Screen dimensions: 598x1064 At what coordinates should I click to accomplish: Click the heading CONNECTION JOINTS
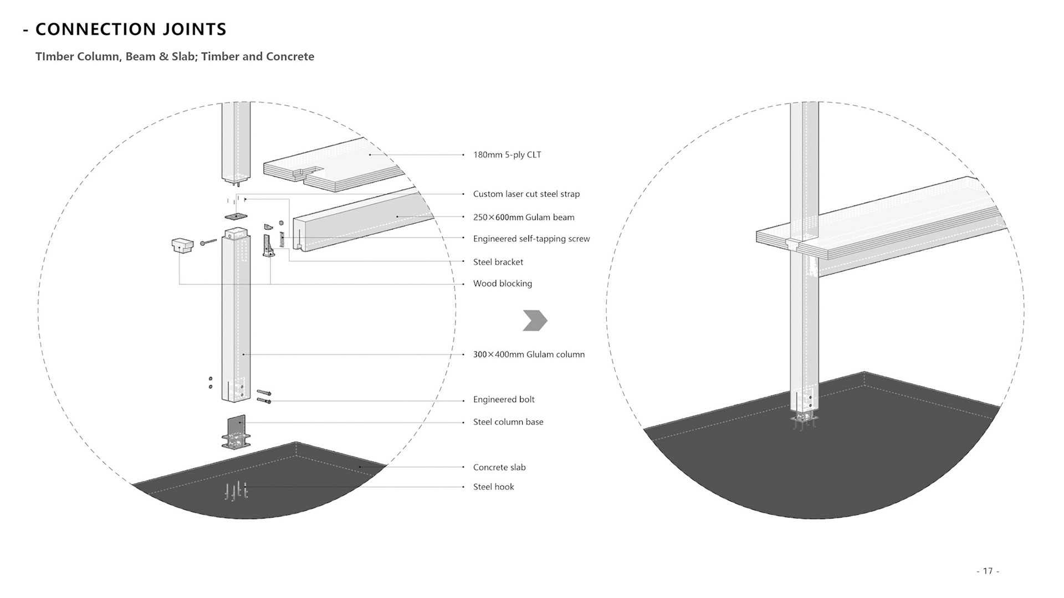tap(131, 29)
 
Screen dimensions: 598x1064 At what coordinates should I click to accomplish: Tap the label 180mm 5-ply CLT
tap(507, 155)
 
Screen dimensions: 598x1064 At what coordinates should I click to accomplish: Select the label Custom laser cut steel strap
tap(526, 194)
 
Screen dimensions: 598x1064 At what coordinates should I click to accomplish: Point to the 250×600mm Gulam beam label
tap(523, 218)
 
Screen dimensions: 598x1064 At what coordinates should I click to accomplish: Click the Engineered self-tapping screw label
tap(531, 239)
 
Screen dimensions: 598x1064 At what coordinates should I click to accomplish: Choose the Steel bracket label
tap(498, 262)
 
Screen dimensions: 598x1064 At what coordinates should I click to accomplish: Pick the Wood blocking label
tap(502, 284)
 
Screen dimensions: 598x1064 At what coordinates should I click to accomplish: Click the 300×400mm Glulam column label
tap(528, 355)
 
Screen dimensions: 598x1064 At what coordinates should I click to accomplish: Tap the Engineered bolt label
tap(503, 400)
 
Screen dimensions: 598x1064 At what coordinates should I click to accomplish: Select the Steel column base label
tap(508, 422)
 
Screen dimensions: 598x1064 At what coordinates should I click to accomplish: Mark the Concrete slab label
tap(499, 468)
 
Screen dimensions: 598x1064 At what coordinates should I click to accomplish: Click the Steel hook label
tap(493, 487)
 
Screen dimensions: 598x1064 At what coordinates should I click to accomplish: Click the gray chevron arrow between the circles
tap(535, 321)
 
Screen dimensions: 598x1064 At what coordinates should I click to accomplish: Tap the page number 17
tap(988, 571)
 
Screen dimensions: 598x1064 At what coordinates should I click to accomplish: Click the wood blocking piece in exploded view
tap(182, 245)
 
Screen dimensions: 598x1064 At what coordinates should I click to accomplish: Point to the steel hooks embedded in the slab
tap(236, 491)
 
